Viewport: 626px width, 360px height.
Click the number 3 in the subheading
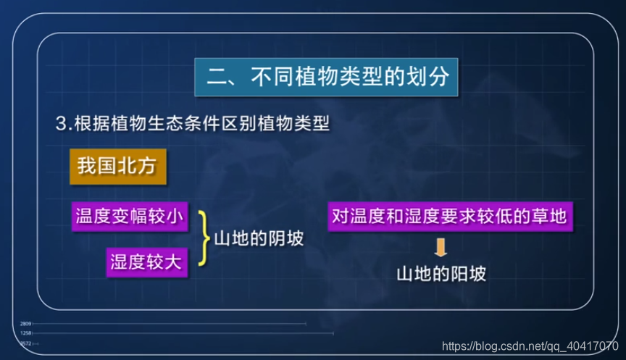coord(61,123)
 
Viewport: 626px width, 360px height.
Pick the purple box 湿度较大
coord(147,261)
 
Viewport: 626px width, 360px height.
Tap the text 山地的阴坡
coord(258,238)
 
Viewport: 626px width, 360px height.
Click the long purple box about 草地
coord(447,216)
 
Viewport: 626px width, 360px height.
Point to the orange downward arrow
coord(441,248)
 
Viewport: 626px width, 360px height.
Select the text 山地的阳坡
coord(441,275)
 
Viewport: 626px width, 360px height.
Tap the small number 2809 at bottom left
coord(25,323)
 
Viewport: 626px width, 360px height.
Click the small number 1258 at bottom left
coord(25,333)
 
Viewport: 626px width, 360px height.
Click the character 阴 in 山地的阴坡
coord(275,238)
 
